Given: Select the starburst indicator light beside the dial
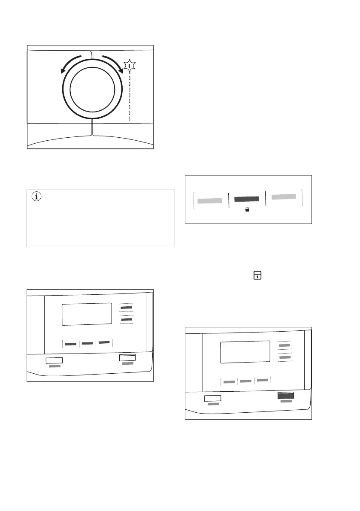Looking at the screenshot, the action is (x=129, y=66).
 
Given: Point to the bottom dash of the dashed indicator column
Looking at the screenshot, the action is (x=129, y=118).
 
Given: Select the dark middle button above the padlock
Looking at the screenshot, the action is (x=247, y=199).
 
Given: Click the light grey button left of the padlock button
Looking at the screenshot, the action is (x=209, y=200).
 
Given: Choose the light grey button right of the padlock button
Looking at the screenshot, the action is (x=284, y=197).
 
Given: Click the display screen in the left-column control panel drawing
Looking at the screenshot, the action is (x=87, y=314).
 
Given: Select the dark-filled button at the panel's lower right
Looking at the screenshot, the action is (x=285, y=396).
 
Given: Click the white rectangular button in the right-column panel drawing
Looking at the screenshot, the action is (x=212, y=398).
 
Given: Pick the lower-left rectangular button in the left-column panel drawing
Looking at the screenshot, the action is (x=54, y=360).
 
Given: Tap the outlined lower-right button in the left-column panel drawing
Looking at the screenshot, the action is (x=127, y=357).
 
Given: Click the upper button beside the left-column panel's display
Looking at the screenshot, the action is (x=126, y=308).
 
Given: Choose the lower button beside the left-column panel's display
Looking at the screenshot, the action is (x=126, y=320).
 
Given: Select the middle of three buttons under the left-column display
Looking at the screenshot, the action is (x=88, y=343).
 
